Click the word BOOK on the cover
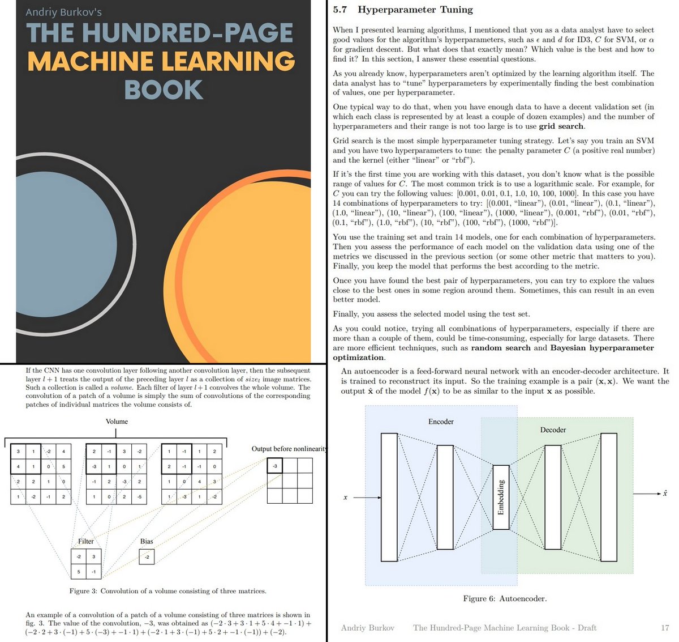coord(164,90)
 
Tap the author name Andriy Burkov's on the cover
coord(63,12)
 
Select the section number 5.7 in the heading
coord(339,10)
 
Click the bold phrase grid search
coord(561,126)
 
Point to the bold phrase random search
coord(500,348)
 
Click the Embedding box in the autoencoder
coord(501,497)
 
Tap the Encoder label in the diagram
coord(441,422)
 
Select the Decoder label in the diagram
coord(553,430)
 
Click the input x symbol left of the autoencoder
coord(345,498)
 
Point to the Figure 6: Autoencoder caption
coord(505,598)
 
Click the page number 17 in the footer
coord(665,628)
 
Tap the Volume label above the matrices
coord(117,422)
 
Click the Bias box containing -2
coord(147,557)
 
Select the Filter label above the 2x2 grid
coord(86,542)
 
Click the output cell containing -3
coord(274,466)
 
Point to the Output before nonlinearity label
coord(289,449)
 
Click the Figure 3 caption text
coord(167,591)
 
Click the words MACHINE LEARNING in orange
coord(161,61)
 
